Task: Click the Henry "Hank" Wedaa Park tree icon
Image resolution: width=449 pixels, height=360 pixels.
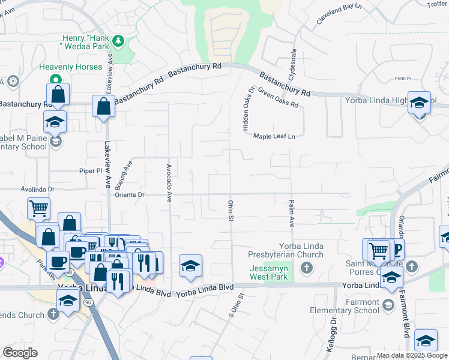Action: point(119,41)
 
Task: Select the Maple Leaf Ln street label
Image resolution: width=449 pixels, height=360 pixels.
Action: point(274,136)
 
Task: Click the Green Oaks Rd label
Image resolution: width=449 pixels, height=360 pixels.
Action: point(278,98)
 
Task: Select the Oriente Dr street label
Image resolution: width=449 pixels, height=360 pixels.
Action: point(130,194)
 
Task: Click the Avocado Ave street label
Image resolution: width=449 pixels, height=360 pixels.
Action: point(169,182)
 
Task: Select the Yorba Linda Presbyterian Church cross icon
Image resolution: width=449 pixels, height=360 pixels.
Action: point(306,267)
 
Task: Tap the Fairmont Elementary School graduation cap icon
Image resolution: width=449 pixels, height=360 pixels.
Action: point(388,305)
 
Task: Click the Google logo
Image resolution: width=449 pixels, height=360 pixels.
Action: point(20,353)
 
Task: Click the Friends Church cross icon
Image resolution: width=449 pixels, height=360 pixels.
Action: point(53,313)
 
